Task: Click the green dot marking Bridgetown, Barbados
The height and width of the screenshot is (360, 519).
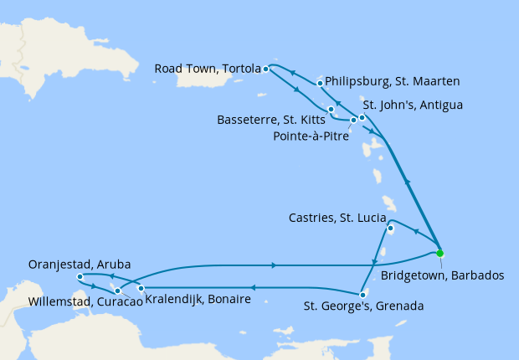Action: coord(439,253)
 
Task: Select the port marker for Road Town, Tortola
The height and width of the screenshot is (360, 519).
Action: coord(265,69)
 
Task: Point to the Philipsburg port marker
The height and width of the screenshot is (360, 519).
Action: coord(321,84)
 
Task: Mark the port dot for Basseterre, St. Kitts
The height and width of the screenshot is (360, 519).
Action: coord(331,110)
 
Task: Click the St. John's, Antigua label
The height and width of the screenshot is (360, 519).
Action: coord(412,105)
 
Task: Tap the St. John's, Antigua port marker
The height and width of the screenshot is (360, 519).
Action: coord(362,117)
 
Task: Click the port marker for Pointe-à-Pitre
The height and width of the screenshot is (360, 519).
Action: coord(353,121)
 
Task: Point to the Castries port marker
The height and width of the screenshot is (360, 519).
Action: coord(390,227)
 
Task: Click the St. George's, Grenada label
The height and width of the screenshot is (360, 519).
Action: coord(363,306)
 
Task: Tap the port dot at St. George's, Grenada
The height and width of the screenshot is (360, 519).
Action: coord(362,294)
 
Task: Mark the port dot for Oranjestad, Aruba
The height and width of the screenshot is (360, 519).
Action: coord(79,276)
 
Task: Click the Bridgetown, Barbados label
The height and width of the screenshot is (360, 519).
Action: coord(443,275)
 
